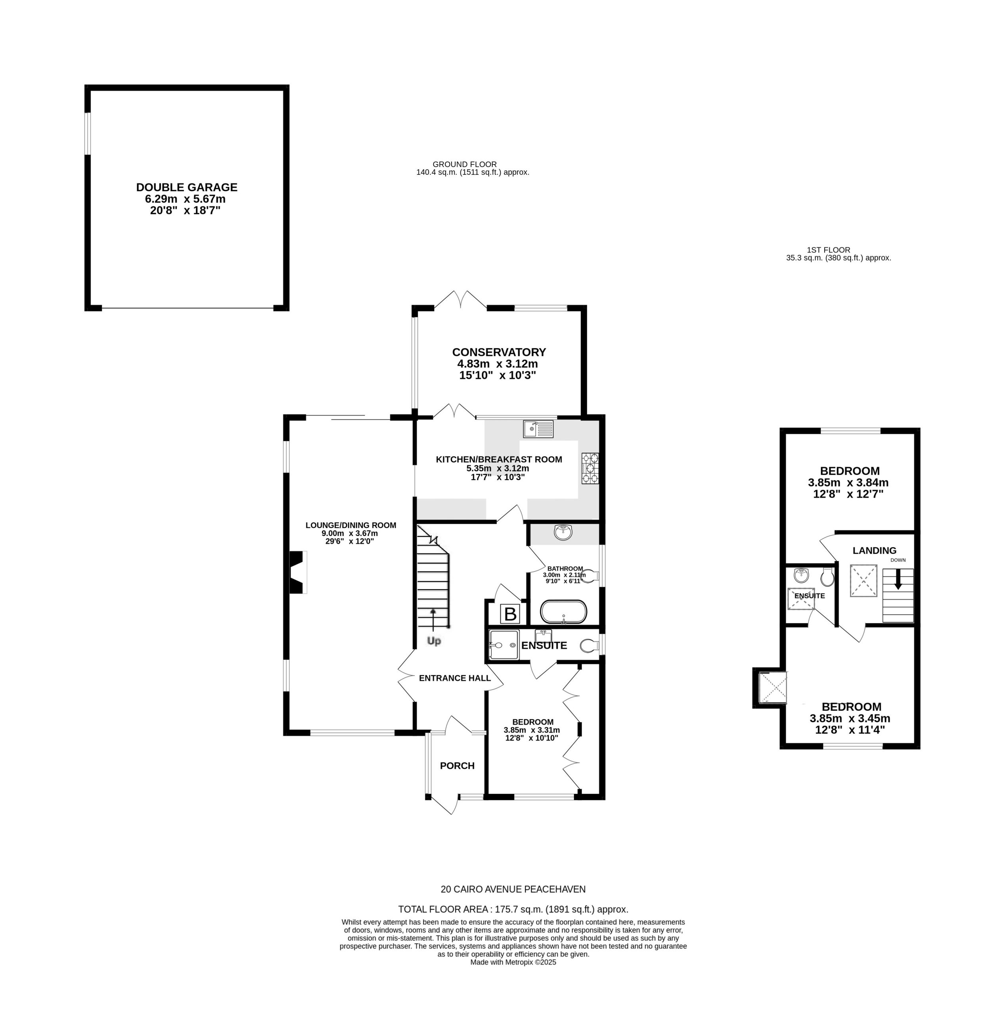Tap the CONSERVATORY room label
point(499,352)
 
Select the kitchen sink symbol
point(538,429)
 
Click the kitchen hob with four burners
point(590,468)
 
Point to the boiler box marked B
point(511,614)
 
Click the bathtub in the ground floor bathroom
point(563,611)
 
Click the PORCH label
point(457,766)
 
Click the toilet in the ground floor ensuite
point(590,645)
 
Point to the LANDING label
point(874,551)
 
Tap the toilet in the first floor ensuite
point(827,576)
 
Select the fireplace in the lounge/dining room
point(297,572)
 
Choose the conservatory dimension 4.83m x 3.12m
point(497,364)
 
